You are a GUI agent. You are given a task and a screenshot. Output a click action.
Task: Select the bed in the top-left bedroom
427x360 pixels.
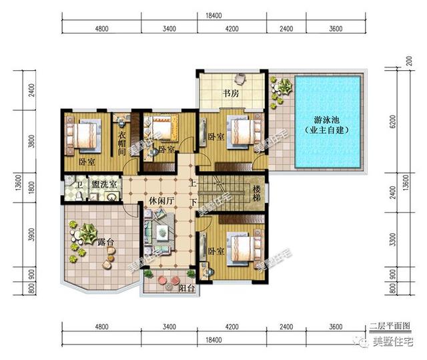[85, 136]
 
